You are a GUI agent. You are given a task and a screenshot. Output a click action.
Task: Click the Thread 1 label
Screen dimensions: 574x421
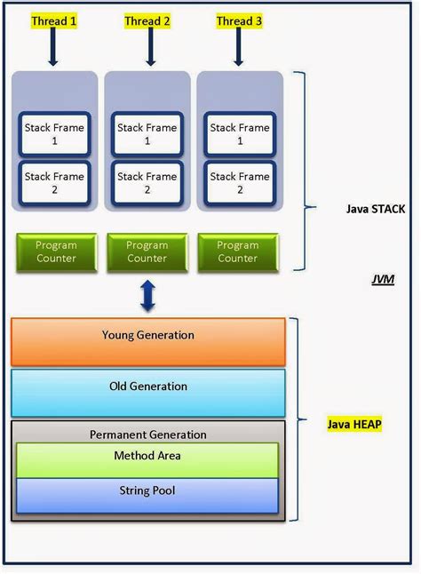54,20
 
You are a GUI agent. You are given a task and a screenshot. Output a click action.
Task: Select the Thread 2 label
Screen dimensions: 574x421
147,20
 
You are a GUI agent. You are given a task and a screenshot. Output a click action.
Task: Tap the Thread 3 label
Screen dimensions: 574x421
239,20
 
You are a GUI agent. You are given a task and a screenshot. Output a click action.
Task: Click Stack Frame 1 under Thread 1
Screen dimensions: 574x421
54,133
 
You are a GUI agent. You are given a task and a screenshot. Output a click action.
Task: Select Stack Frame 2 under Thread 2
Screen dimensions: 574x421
147,183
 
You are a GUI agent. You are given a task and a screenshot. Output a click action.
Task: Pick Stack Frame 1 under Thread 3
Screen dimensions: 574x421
239,133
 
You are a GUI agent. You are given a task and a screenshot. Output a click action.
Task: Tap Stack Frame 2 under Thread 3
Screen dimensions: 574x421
239,183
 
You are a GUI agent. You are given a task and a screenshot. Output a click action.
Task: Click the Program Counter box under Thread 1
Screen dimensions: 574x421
56,251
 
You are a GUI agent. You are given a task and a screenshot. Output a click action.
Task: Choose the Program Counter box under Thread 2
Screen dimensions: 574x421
147,251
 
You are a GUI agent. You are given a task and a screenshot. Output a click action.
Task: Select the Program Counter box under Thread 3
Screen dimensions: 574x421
238,251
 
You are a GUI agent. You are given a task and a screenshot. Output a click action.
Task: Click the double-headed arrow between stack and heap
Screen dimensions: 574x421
147,295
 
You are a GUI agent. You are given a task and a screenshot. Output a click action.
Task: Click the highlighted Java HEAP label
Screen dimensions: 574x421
354,425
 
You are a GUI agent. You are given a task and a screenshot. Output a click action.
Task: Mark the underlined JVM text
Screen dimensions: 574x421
382,280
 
